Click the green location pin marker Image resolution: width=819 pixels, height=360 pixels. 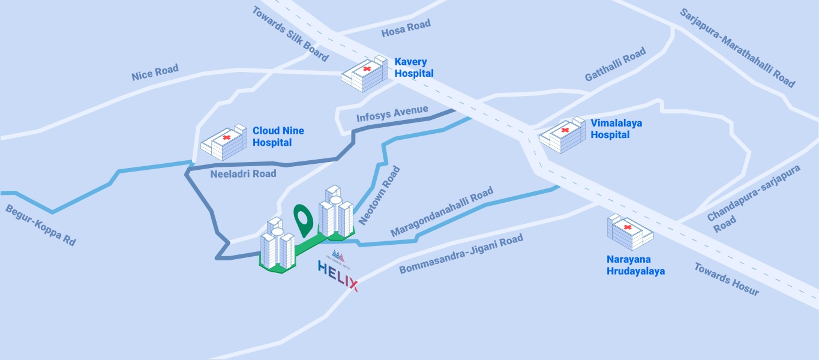pyautogui.click(x=304, y=218)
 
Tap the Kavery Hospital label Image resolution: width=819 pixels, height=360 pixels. pyautogui.click(x=413, y=67)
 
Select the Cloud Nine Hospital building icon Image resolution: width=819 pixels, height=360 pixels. pyautogui.click(x=224, y=143)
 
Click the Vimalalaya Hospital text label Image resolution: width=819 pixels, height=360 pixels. pyautogui.click(x=616, y=129)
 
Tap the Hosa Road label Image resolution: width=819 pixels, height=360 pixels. pyautogui.click(x=406, y=28)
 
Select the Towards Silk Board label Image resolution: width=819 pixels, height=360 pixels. pyautogui.click(x=290, y=34)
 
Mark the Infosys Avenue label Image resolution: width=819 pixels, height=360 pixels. pyautogui.click(x=392, y=113)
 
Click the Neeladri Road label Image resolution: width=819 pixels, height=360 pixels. pyautogui.click(x=243, y=174)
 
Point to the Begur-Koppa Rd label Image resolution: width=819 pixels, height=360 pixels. pyautogui.click(x=41, y=225)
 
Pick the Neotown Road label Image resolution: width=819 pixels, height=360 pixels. pyautogui.click(x=379, y=196)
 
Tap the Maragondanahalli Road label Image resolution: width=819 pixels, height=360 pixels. pyautogui.click(x=442, y=211)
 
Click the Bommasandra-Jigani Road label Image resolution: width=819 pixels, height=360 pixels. pyautogui.click(x=461, y=254)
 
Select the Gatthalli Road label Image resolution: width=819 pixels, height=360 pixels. pyautogui.click(x=615, y=65)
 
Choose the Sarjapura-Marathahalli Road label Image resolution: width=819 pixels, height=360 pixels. pyautogui.click(x=737, y=47)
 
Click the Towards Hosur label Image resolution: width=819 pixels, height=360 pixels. pyautogui.click(x=727, y=279)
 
